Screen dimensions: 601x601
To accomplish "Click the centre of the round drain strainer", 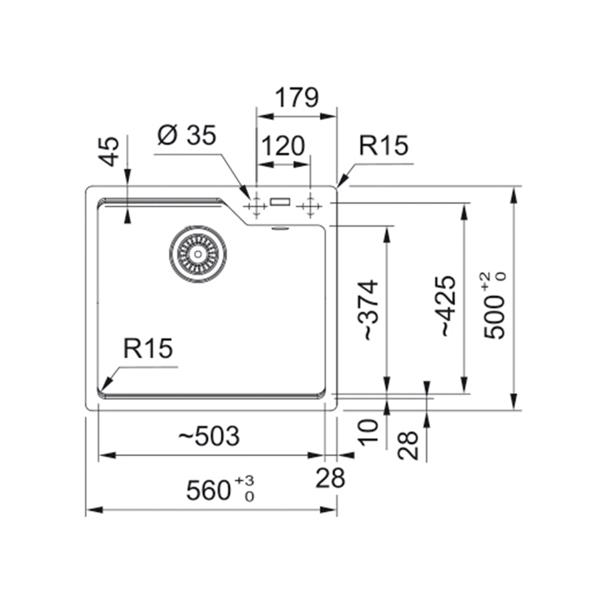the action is tap(198, 254).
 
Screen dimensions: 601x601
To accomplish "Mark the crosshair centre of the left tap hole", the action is tap(257, 206).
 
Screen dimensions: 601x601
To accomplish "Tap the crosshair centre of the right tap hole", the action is tap(310, 206).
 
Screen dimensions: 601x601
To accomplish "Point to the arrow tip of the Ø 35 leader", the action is tap(249, 199).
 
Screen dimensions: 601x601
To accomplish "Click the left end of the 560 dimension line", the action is tap(86, 510).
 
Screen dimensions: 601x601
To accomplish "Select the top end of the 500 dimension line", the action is tap(514, 187).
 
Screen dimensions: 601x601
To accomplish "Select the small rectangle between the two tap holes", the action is tap(280, 202).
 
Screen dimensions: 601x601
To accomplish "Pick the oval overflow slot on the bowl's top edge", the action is tap(279, 228).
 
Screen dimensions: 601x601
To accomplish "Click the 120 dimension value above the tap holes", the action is tap(283, 146).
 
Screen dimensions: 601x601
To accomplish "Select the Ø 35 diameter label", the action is tap(187, 135).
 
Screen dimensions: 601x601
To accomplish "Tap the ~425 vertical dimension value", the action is tap(448, 306).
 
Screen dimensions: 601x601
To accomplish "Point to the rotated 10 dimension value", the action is tap(368, 433).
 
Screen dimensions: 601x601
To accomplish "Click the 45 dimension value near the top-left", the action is tap(110, 151).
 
